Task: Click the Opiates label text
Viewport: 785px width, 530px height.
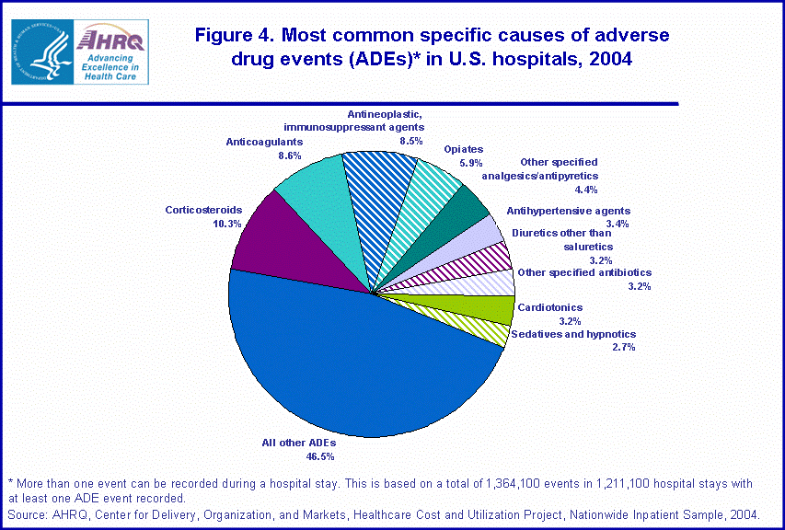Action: click(463, 149)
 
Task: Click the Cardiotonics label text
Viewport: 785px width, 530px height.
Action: click(550, 307)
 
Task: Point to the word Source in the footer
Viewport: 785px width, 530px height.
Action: click(27, 513)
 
